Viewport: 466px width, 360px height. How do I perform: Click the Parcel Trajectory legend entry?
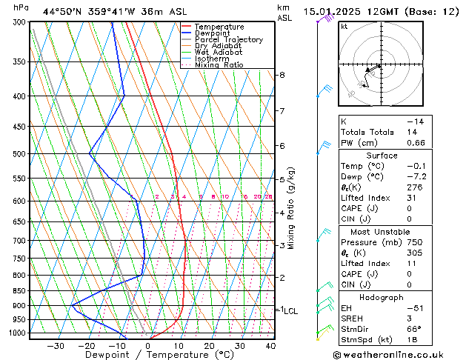228,40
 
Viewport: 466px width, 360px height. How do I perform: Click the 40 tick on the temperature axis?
270,346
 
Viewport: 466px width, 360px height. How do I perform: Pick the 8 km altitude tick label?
282,75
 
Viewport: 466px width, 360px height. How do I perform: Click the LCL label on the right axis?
290,311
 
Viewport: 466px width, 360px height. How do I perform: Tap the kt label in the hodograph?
344,27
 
